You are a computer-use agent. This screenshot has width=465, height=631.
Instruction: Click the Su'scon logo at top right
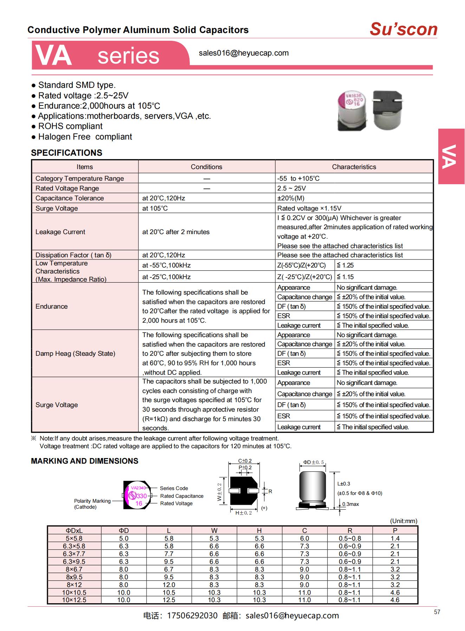403,29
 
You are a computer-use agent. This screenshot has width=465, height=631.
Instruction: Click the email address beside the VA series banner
244,53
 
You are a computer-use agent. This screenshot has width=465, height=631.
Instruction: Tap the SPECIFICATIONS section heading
66,153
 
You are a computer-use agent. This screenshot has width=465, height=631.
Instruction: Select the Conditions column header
206,167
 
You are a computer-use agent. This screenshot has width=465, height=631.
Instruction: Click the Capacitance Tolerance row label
70,198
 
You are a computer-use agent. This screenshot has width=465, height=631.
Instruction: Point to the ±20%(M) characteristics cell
291,198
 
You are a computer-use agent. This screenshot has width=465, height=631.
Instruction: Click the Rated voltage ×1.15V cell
309,208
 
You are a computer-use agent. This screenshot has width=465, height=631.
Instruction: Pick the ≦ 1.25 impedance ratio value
345,265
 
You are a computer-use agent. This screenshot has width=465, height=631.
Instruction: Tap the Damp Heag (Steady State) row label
75,353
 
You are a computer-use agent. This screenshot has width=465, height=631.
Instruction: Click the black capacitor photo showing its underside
387,110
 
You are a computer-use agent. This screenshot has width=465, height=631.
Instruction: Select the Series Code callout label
174,488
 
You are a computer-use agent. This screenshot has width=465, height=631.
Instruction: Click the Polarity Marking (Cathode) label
92,504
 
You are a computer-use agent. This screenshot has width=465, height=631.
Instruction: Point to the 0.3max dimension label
350,504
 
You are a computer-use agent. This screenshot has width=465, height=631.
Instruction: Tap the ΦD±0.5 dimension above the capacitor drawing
313,462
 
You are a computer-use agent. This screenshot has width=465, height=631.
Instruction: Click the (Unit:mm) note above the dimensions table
403,521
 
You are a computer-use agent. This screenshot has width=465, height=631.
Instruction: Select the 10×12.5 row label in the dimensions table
74,600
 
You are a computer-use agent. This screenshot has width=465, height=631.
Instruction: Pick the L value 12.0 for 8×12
169,585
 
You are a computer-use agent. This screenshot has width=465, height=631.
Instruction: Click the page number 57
437,612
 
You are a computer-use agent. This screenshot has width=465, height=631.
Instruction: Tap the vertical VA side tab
451,156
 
